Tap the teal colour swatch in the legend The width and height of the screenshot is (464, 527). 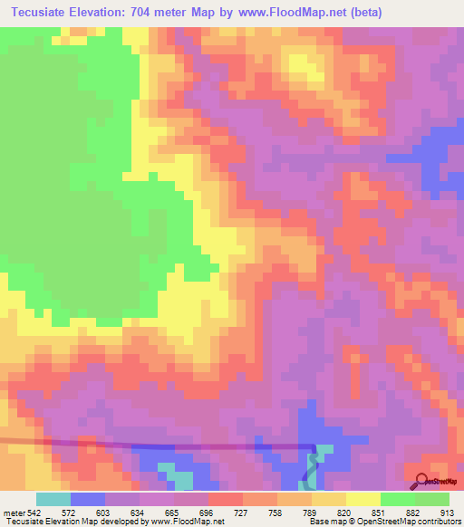pyautogui.click(x=53, y=499)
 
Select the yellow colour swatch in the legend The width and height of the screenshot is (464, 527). pyautogui.click(x=363, y=499)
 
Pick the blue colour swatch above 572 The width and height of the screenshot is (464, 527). pyautogui.click(x=88, y=499)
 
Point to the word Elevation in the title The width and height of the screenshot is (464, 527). pyautogui.click(x=107, y=13)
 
